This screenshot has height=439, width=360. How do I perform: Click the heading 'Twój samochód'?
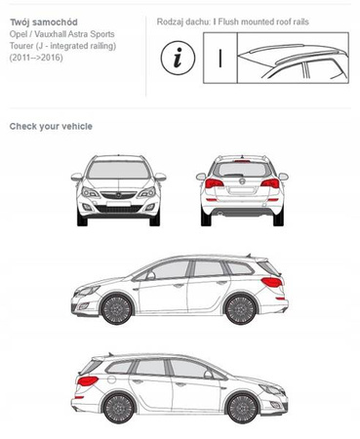44,22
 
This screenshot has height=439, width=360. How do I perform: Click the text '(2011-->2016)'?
36,58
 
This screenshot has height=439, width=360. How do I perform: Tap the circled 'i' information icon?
178,59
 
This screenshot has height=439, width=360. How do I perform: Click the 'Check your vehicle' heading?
51,126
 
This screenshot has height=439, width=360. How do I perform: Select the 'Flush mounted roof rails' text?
263,21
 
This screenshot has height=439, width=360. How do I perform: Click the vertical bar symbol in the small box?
220,59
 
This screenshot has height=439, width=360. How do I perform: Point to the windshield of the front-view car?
119,170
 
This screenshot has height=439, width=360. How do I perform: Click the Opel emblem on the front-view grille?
119,195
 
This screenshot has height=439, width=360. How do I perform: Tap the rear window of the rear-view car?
242,170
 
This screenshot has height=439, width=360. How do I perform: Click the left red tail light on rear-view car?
214,183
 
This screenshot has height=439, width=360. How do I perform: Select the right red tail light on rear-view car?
270,183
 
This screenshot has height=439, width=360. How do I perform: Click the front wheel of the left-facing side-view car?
117,309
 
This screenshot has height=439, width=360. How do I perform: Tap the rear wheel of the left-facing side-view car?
241,309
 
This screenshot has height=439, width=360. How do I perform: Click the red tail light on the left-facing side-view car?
272,282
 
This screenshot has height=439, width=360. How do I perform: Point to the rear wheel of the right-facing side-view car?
119,408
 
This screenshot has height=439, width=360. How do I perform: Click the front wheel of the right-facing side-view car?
243,408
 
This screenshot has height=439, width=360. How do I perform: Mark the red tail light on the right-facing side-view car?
87,380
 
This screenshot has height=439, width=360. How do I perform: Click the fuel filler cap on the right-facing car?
111,379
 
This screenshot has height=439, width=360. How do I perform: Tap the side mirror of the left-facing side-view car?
150,276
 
